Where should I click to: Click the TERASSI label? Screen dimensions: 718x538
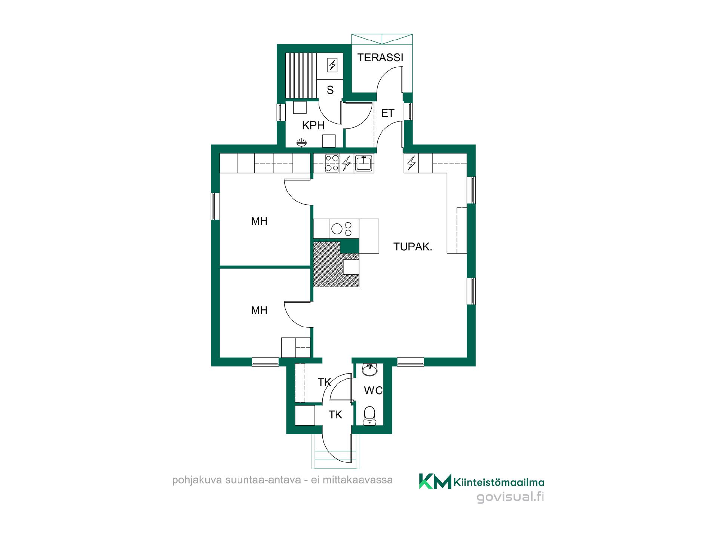click(380, 58)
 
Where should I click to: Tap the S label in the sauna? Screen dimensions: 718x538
click(330, 90)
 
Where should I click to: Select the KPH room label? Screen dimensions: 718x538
click(313, 126)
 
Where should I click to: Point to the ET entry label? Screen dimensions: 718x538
click(388, 113)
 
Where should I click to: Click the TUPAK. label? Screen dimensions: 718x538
click(413, 247)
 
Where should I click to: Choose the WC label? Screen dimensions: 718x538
click(373, 390)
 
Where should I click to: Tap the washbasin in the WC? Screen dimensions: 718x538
click(370, 370)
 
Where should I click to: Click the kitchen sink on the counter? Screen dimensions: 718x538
click(363, 163)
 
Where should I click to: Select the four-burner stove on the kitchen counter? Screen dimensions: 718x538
click(332, 163)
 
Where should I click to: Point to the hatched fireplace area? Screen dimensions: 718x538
click(336, 264)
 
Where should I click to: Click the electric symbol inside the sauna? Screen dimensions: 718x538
click(332, 65)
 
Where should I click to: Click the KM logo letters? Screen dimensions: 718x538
click(435, 481)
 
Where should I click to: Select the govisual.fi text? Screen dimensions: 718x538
click(510, 497)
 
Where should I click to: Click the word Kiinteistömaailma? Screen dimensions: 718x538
click(499, 482)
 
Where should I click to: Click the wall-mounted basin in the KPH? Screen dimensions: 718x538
click(302, 142)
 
